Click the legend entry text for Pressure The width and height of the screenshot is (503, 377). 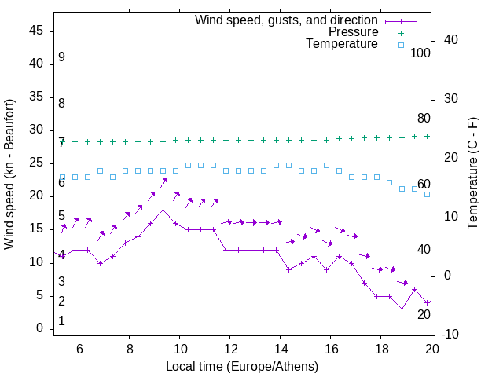(353, 32)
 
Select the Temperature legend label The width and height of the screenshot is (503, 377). (342, 45)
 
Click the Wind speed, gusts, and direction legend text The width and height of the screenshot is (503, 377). (287, 20)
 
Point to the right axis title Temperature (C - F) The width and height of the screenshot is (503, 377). (472, 174)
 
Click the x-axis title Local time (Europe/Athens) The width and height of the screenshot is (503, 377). (242, 366)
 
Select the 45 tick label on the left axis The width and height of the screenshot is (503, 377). (35, 31)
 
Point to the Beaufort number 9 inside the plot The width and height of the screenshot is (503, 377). (61, 57)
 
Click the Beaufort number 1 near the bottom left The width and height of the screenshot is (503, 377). (61, 321)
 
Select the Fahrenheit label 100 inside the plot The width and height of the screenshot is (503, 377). (420, 53)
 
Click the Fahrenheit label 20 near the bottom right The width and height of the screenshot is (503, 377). (424, 314)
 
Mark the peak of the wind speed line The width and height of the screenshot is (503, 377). (163, 210)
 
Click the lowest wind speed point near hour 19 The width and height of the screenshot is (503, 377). (402, 309)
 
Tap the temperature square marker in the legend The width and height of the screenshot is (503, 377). (400, 45)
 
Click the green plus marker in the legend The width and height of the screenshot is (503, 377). (400, 32)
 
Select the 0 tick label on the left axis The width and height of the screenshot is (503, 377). (39, 328)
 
